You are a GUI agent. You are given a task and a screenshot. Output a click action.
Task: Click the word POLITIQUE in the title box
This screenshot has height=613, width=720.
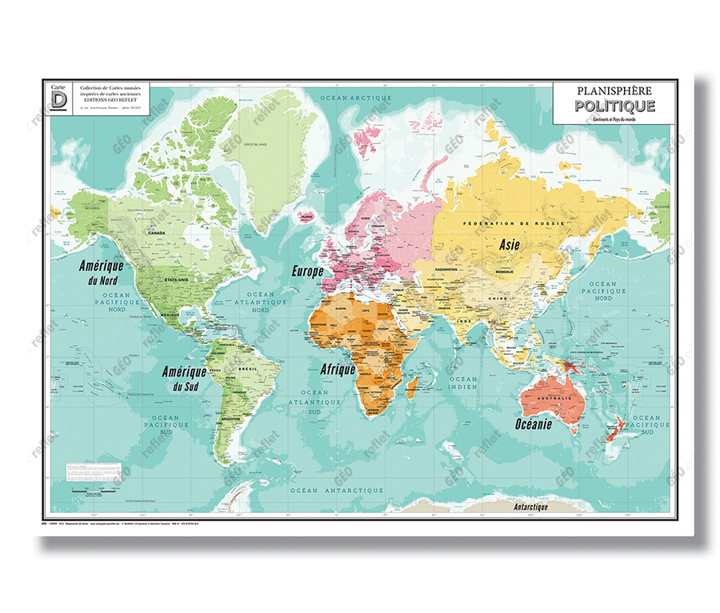click(x=614, y=106)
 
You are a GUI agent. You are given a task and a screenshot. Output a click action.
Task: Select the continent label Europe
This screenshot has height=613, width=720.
click(x=308, y=271)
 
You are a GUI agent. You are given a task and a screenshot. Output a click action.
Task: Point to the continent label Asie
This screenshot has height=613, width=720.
click(x=513, y=245)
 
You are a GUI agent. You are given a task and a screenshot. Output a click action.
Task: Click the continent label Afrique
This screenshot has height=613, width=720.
click(x=338, y=370)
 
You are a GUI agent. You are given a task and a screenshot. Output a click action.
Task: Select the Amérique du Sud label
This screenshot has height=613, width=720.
click(x=184, y=379)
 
